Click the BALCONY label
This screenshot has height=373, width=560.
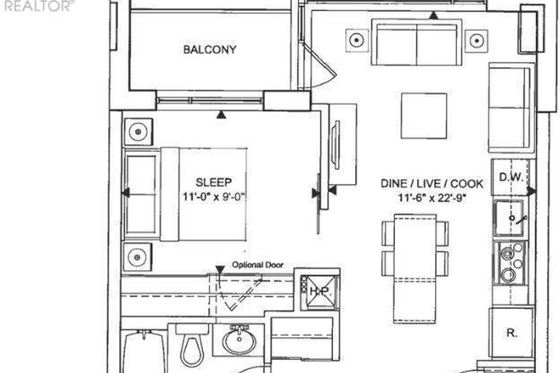point(210,49)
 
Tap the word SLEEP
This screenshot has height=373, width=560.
point(214,182)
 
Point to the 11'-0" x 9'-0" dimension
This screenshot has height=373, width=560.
point(215,196)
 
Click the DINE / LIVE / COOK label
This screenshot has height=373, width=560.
point(431,184)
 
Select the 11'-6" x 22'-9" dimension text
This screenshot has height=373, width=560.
point(432,197)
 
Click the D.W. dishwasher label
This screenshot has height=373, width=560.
point(510,177)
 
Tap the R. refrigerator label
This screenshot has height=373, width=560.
point(511,333)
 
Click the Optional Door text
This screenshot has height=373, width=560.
point(258,265)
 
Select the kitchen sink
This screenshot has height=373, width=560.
point(510,218)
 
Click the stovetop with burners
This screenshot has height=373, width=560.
point(510,264)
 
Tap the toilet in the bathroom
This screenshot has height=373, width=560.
point(192,345)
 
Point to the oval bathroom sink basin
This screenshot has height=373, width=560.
point(239,342)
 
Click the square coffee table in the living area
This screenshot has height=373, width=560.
point(424,115)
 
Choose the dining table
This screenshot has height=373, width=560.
point(415,269)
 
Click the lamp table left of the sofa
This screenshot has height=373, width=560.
point(356,40)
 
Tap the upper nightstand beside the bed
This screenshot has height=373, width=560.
point(138,131)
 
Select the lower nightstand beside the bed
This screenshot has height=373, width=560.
point(137,257)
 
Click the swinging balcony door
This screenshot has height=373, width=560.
point(317,66)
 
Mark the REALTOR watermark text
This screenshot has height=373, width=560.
point(37,6)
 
